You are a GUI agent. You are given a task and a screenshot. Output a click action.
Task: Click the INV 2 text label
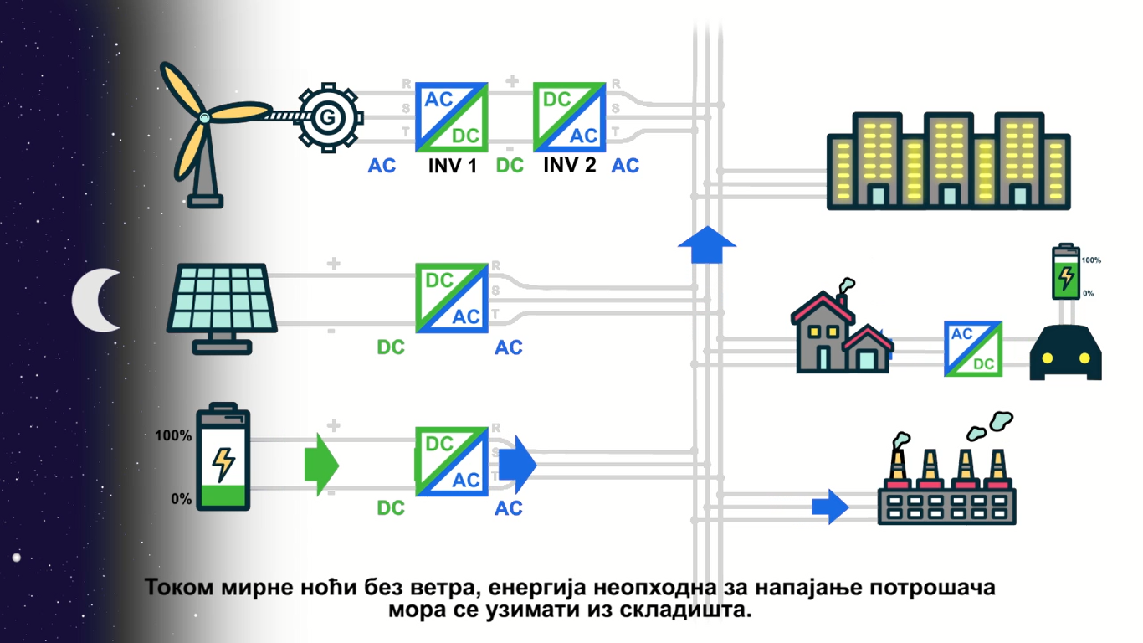570,165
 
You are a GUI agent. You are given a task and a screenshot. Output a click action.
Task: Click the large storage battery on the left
223,458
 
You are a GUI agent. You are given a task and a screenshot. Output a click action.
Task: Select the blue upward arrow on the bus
706,244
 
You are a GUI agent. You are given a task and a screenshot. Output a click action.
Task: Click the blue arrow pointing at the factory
830,506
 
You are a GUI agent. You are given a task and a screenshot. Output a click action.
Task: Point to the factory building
946,494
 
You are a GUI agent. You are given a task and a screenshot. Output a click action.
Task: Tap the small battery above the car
1065,272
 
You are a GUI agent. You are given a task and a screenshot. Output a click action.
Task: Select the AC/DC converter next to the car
973,348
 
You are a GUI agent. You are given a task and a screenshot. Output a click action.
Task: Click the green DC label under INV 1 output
510,166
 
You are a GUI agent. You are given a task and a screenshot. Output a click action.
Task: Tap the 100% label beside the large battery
173,436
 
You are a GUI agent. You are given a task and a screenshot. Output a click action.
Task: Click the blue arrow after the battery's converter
522,464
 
